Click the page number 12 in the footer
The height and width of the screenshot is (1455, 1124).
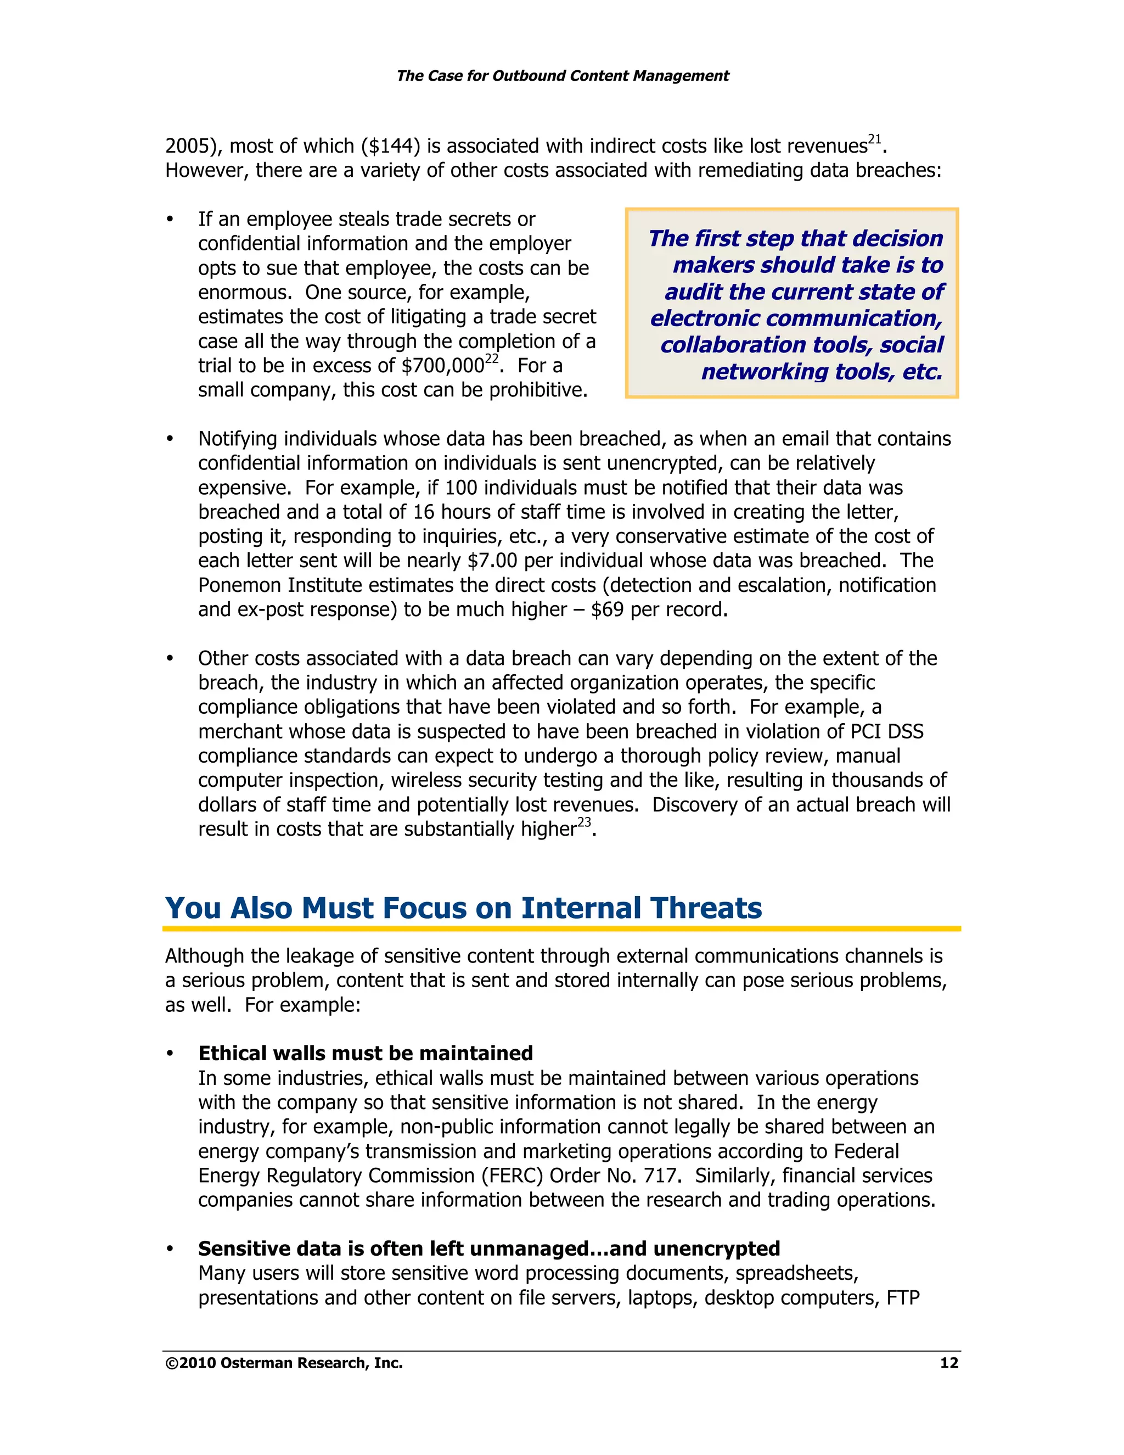click(948, 1363)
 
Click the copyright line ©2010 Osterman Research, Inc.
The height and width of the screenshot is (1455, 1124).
click(284, 1363)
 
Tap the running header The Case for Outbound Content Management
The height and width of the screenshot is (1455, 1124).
click(562, 76)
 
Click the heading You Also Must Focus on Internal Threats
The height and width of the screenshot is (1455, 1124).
click(463, 908)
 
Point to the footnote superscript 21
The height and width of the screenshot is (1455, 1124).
click(874, 139)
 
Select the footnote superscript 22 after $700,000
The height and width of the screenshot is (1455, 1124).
click(491, 359)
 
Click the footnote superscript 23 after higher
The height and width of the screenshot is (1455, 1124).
click(584, 823)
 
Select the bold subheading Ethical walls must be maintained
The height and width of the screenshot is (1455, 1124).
click(366, 1053)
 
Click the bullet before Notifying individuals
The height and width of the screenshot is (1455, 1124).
click(171, 439)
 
